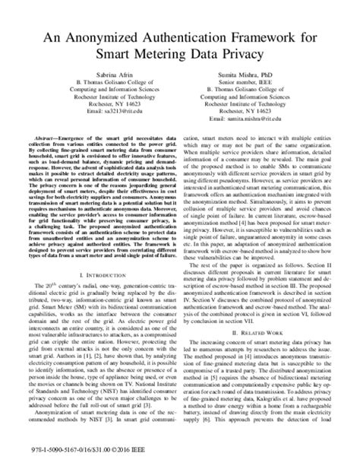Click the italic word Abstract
[x=46, y=147]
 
